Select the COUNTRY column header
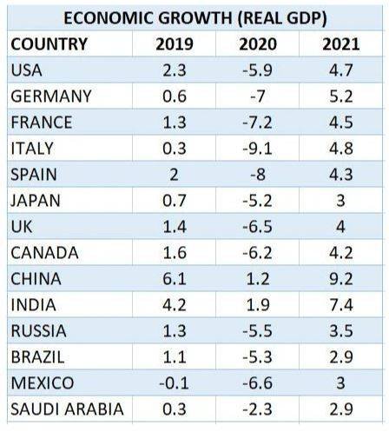(49, 44)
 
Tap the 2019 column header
(174, 44)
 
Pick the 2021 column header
(340, 44)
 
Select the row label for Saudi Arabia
(66, 409)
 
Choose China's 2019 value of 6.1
(174, 279)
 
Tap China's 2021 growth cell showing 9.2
(340, 279)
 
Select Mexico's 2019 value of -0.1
(174, 383)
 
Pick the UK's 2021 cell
(340, 227)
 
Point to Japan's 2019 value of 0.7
(174, 201)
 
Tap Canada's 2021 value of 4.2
(340, 253)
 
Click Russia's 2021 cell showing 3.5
(340, 331)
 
